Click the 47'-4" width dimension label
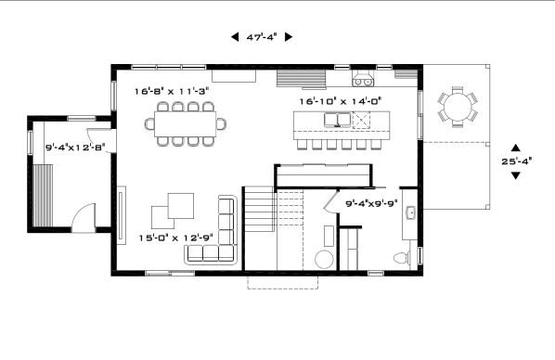tap(262, 37)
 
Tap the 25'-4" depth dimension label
tap(516, 161)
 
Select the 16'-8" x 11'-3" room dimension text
tap(172, 91)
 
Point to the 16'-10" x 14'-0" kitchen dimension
tap(341, 101)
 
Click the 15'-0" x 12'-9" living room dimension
tap(176, 238)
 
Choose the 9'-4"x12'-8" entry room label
tap(75, 148)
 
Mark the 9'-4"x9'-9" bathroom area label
tap(371, 203)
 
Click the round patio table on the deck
tap(458, 107)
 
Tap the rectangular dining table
tap(185, 124)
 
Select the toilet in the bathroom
tap(402, 258)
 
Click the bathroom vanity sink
tap(410, 212)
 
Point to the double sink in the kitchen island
tap(337, 120)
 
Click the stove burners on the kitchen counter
tap(363, 83)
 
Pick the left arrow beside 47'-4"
tap(235, 37)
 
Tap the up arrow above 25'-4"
tap(516, 148)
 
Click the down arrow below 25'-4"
tap(516, 175)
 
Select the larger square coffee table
tap(181, 206)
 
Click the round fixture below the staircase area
tap(324, 260)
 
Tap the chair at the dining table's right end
tap(222, 124)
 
